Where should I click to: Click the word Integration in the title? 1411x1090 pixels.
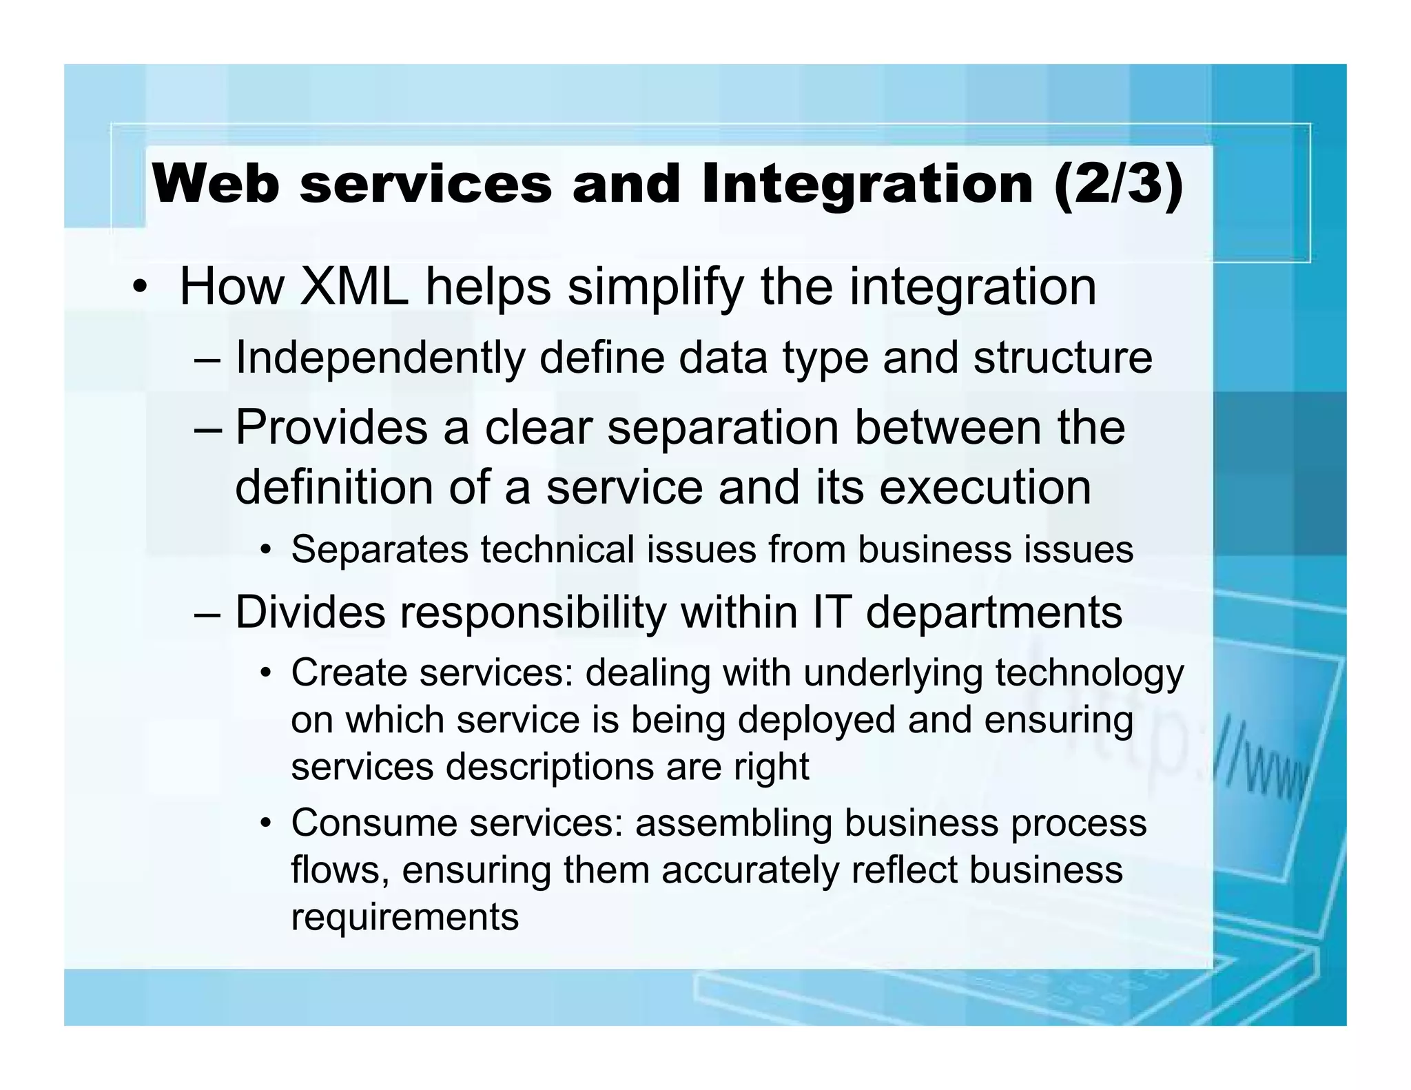[867, 185]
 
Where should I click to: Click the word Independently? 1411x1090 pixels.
[380, 358]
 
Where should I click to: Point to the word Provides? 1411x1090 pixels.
[331, 427]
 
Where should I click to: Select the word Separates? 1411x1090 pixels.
[380, 550]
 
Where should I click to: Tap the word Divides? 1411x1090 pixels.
[310, 612]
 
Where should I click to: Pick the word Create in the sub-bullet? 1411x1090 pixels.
[348, 672]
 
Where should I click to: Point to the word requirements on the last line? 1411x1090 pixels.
[404, 917]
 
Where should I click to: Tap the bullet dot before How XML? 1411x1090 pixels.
[140, 288]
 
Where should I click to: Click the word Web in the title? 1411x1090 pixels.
[216, 185]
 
